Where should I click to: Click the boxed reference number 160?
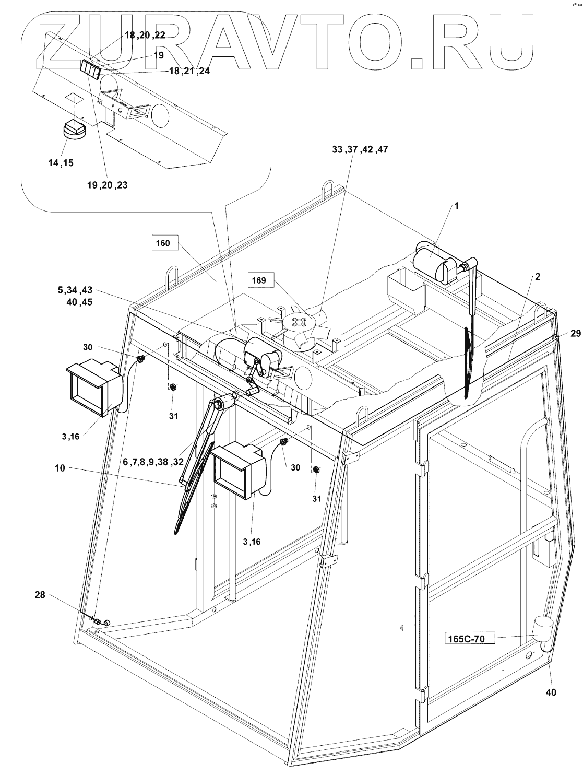[163, 243]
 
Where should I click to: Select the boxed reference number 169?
[259, 280]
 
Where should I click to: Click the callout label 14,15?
[61, 162]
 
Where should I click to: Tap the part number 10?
[60, 468]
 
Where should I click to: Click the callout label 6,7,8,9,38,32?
[153, 462]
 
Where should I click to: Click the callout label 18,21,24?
[189, 71]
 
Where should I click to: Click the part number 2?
[537, 277]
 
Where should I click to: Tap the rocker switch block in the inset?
[90, 68]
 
